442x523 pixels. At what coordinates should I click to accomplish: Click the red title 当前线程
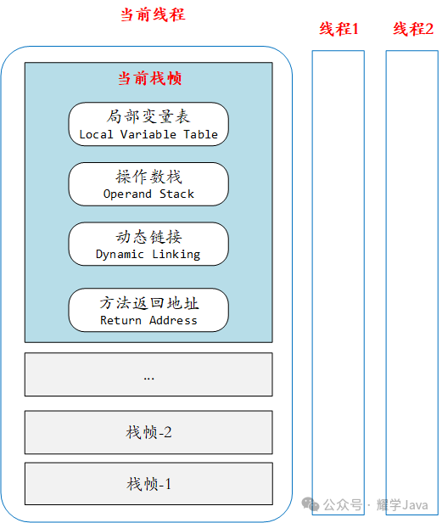(x=153, y=15)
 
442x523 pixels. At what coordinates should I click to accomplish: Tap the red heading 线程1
(x=338, y=29)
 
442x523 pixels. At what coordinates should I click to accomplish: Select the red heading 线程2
(x=413, y=29)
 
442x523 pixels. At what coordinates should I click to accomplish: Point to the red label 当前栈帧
(x=149, y=78)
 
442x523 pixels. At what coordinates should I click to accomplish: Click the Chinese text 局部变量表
(x=148, y=116)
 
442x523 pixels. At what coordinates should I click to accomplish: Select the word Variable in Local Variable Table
(x=148, y=134)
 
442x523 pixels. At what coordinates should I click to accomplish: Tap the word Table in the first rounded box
(x=201, y=134)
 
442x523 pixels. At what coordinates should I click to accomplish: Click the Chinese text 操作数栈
(x=148, y=177)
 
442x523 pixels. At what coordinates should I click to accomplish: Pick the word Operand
(x=127, y=194)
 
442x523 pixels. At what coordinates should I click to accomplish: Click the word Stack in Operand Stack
(x=176, y=194)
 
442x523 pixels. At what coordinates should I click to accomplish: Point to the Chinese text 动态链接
(x=148, y=237)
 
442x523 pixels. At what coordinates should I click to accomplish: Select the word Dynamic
(x=120, y=255)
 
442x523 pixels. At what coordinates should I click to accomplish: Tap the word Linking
(x=176, y=255)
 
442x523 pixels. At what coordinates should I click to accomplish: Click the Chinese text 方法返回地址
(x=149, y=303)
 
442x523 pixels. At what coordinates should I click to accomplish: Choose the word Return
(x=120, y=320)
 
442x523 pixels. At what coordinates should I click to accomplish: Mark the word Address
(x=173, y=320)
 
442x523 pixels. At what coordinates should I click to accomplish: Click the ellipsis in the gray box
(x=148, y=379)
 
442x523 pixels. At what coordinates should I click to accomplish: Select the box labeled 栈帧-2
(x=148, y=432)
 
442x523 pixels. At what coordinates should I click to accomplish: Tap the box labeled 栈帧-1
(x=148, y=484)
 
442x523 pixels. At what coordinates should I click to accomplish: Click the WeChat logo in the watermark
(x=310, y=504)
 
